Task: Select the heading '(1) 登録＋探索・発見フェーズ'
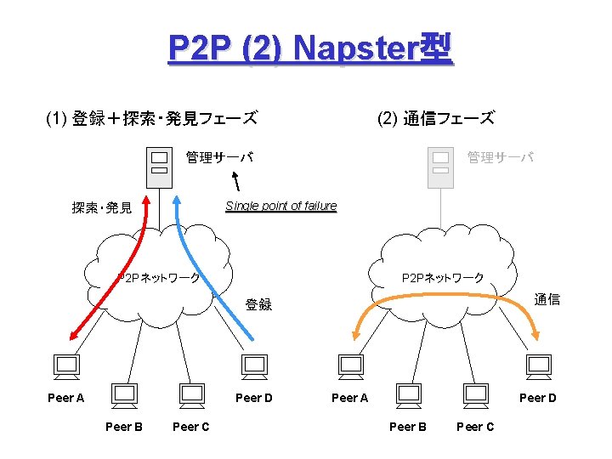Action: point(152,118)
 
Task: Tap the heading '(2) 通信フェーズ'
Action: point(435,118)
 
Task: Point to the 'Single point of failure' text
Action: point(280,206)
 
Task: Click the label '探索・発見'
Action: point(102,208)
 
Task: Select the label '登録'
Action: point(258,304)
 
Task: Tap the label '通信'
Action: point(547,299)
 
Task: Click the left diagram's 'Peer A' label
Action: point(66,397)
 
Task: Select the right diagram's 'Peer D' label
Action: point(537,397)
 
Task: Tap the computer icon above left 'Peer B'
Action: point(124,394)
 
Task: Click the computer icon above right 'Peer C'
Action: point(475,394)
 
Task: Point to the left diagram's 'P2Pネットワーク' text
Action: point(159,277)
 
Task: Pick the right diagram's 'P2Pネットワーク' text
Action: point(442,277)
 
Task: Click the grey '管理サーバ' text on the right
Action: point(501,157)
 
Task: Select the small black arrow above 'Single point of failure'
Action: point(236,180)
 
